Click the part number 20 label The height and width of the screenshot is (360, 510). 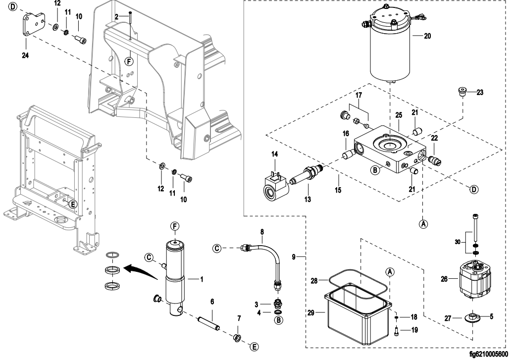(x=428, y=36)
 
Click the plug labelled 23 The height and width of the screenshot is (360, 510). (x=462, y=92)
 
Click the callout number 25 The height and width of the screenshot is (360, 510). (x=398, y=114)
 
